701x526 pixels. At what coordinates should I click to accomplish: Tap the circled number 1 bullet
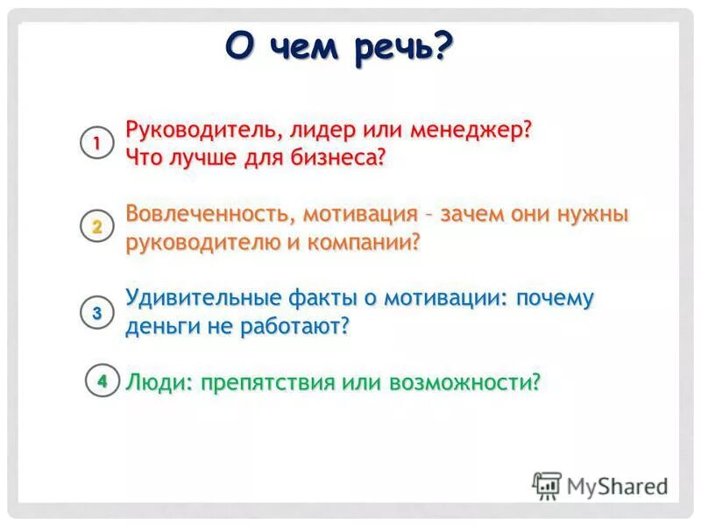(97, 143)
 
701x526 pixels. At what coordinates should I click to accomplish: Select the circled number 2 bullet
(97, 227)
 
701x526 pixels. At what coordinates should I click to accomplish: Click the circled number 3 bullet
(97, 312)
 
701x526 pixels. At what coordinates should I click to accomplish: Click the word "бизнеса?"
(337, 158)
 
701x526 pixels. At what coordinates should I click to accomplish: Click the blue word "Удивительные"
(199, 298)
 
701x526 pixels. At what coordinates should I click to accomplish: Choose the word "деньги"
(159, 326)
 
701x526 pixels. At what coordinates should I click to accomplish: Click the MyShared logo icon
(547, 485)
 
